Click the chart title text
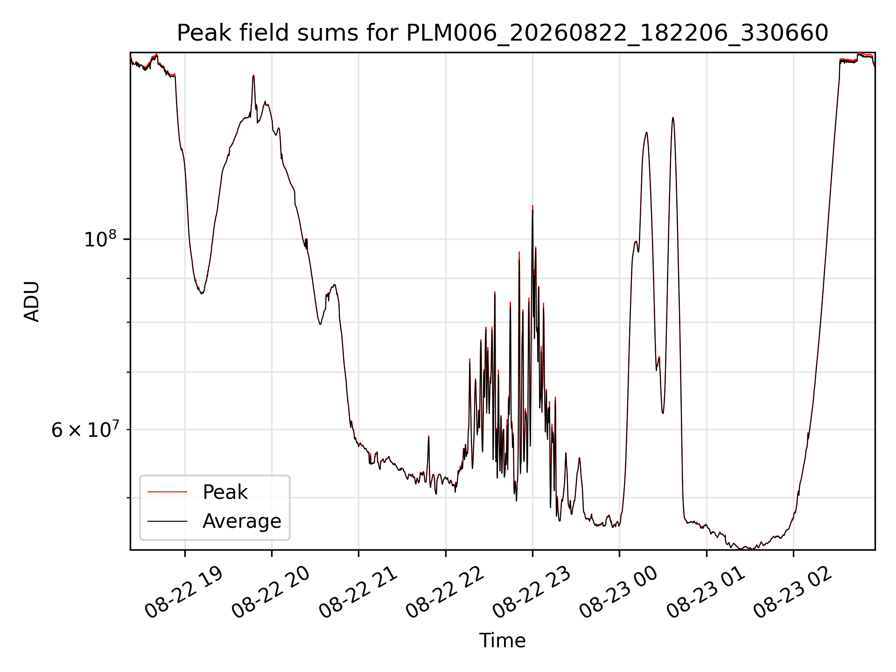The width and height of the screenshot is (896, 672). click(503, 33)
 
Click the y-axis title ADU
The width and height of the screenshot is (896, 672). click(32, 301)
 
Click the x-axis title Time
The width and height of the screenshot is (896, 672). click(502, 641)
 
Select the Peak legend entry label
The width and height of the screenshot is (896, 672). click(225, 492)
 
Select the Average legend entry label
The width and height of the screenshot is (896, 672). click(242, 521)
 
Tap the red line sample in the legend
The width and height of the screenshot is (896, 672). click(167, 492)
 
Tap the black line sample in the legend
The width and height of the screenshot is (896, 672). click(167, 521)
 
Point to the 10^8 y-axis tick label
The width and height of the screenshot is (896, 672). click(100, 239)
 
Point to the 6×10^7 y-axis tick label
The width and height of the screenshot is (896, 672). click(84, 429)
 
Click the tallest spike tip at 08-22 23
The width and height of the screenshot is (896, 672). click(532, 206)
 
